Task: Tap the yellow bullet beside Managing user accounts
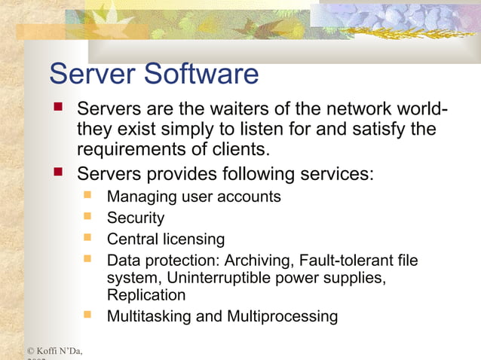point(88,195)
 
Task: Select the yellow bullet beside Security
point(88,216)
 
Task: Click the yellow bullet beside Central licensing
point(88,238)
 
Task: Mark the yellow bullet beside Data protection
point(88,259)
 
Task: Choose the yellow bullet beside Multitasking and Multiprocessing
point(88,314)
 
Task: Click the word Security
point(136,218)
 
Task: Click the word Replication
point(146,295)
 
